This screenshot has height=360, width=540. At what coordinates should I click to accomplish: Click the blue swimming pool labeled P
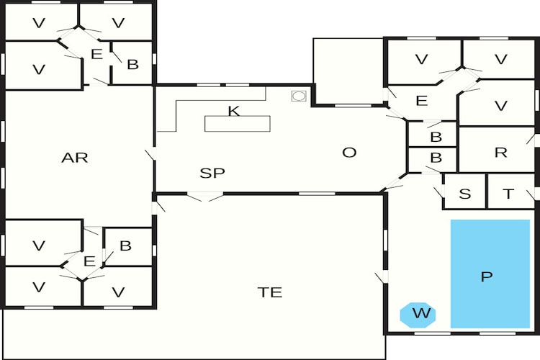coord(490,274)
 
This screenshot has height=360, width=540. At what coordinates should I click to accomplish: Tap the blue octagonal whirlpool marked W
coord(418,315)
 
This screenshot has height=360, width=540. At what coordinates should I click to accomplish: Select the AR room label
coord(75,158)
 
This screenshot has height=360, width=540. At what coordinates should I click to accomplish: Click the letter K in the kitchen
coord(234,111)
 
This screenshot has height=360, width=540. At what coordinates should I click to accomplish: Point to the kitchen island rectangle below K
coord(238,124)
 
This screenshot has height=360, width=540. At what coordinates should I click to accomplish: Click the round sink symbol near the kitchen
coord(299,96)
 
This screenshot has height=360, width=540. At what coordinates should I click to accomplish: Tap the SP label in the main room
coord(212,173)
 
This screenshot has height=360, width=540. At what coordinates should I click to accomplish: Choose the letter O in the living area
coord(349,152)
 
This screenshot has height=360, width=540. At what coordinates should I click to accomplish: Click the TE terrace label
coord(270,292)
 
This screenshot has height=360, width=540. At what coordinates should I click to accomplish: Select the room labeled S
coord(464,192)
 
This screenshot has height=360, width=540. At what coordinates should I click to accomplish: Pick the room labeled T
coord(511,192)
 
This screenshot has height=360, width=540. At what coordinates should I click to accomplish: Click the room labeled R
coord(497,150)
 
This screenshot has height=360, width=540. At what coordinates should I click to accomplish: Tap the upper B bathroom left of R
coord(433,134)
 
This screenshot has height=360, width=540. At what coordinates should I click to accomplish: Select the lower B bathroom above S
coord(433,160)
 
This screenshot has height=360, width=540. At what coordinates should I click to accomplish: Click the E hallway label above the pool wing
coord(421,101)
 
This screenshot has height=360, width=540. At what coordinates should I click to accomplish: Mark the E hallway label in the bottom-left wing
coord(89,261)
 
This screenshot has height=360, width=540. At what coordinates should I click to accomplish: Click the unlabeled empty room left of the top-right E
coord(348,71)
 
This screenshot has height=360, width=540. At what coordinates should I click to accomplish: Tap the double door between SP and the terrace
coord(205,197)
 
